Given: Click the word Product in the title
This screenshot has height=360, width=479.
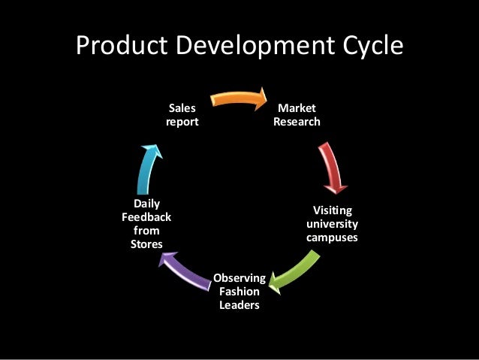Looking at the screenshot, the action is pos(125,47).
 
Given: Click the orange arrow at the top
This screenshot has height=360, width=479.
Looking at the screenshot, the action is pos(239,98).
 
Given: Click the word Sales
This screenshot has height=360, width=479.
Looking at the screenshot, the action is pos(182,108).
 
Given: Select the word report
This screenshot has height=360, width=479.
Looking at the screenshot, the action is pos(182,122).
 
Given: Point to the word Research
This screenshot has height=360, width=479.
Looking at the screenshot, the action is pos(297,122).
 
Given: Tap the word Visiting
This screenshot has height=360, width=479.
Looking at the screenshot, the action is pos(332,210).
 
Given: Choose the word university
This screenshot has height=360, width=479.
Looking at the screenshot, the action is pos(332,224).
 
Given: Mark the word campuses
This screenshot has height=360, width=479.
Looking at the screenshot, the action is pos(332,237).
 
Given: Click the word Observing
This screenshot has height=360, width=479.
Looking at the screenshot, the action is pos(239,279).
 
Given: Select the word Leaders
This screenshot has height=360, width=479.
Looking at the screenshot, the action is pos(239,306).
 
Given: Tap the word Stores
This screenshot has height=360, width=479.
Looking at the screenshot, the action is pos(146,244).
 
